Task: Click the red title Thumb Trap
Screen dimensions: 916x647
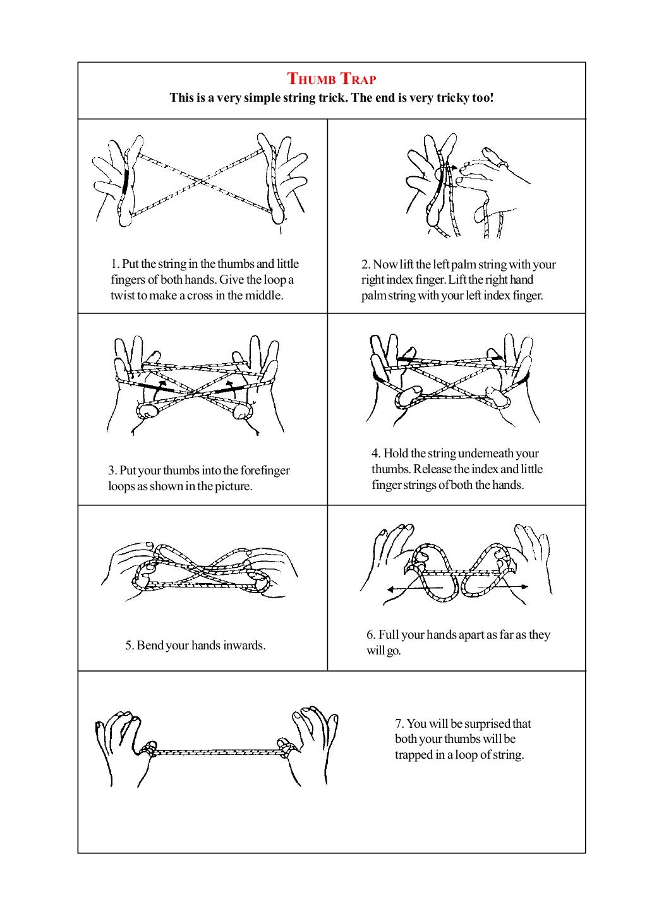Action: click(332, 79)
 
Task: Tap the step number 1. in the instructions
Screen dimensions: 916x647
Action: click(115, 264)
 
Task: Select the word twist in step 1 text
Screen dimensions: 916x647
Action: click(124, 296)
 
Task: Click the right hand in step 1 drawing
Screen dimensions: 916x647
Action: click(284, 180)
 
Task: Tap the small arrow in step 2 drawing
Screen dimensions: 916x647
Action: click(450, 168)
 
